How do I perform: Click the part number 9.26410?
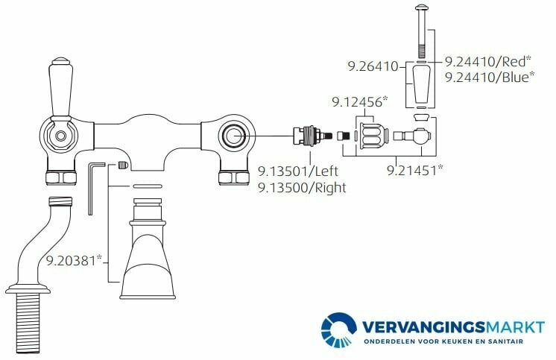tap(373, 66)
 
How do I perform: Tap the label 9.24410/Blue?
tap(490, 78)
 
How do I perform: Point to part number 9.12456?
tap(358, 102)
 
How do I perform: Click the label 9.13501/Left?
tap(298, 171)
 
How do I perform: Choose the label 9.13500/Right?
tap(302, 188)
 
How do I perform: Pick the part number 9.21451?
tap(414, 171)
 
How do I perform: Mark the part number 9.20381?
tap(74, 261)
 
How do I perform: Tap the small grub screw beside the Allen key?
tap(122, 166)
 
